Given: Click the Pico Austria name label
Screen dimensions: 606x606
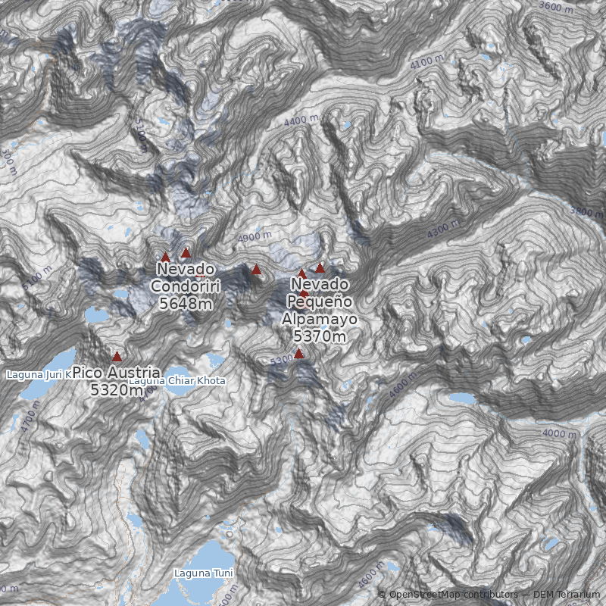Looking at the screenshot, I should click(x=117, y=373).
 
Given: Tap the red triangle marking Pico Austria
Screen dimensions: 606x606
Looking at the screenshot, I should click(x=117, y=356).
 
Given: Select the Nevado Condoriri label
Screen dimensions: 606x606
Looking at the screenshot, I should click(x=185, y=277).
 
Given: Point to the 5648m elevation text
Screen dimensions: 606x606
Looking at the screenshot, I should click(x=185, y=303).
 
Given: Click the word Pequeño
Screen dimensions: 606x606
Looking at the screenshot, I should click(x=319, y=301).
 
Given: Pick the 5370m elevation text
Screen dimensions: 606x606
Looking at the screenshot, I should click(x=320, y=336).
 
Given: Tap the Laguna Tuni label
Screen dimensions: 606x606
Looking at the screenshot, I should click(x=203, y=573).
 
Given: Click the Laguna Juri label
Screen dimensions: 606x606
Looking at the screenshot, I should click(x=38, y=374).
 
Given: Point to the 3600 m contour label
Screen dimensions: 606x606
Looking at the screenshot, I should click(x=557, y=7).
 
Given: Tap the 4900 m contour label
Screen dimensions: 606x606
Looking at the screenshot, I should click(x=255, y=236).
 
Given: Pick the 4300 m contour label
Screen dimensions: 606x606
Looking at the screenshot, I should click(x=443, y=230).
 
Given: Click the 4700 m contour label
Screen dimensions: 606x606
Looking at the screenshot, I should click(x=30, y=421).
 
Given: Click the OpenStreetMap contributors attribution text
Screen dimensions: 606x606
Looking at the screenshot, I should click(x=452, y=595).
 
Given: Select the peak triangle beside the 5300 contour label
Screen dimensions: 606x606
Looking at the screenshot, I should click(x=298, y=354).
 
